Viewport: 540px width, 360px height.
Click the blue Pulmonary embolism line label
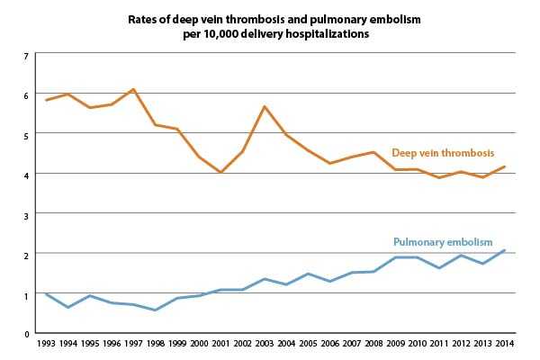(x=443, y=242)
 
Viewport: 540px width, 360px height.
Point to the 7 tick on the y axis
(x=27, y=56)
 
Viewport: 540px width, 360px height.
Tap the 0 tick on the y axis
(x=27, y=333)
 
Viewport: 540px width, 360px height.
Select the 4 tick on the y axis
(x=27, y=175)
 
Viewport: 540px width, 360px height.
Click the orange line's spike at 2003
(x=265, y=106)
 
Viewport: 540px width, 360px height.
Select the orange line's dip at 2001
(x=221, y=172)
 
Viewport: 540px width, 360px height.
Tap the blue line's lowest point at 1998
(x=156, y=310)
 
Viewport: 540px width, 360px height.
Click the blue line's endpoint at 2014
(x=506, y=250)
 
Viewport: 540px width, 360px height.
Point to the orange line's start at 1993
(x=47, y=100)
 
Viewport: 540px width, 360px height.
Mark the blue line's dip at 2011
(x=440, y=268)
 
